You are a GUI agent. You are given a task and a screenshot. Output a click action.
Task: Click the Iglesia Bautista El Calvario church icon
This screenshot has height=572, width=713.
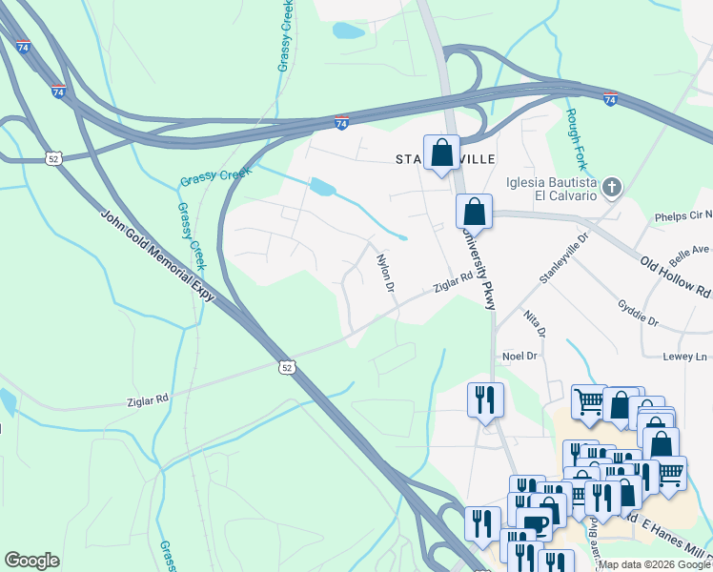612,187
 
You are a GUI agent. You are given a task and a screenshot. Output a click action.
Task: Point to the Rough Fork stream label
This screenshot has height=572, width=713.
575,133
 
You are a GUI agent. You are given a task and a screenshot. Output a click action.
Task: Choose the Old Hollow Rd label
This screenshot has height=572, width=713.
675,276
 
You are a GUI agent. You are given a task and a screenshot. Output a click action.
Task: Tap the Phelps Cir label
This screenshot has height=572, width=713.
682,217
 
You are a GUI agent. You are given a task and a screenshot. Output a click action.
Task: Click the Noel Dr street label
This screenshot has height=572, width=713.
520,356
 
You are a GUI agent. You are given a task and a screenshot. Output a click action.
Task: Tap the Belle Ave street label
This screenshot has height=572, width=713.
689,252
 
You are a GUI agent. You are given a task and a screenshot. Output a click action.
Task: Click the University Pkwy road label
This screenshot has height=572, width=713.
478,268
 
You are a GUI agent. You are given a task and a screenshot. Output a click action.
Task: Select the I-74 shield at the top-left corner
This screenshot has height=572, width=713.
23,46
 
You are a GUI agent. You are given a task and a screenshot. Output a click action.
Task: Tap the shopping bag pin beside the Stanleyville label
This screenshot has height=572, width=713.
441,153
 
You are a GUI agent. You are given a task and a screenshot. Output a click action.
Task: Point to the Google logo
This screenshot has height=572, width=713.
31,561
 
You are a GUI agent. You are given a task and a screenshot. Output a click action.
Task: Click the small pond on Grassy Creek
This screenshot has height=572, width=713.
323,187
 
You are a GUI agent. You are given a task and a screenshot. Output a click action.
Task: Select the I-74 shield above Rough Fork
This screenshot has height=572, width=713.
610,98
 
